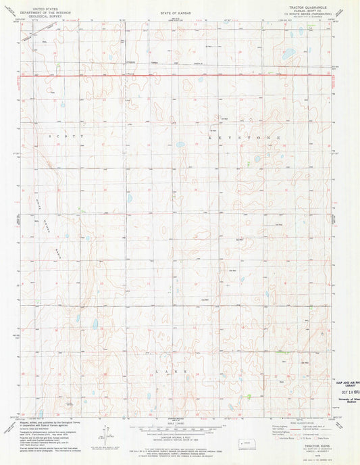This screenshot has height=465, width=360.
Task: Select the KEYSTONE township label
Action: [247, 137]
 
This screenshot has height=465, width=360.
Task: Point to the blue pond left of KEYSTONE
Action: [180, 144]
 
